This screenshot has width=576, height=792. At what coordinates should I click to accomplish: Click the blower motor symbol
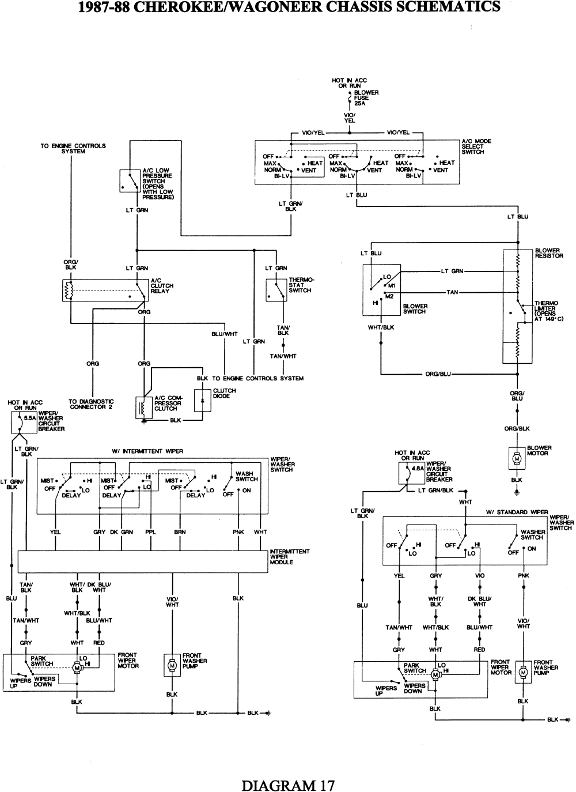click(517, 457)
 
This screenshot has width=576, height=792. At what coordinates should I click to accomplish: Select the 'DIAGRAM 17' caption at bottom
click(288, 785)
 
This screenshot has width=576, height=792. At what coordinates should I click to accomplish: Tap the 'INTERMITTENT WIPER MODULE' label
click(289, 557)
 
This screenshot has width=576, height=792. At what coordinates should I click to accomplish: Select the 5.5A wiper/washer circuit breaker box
click(21, 423)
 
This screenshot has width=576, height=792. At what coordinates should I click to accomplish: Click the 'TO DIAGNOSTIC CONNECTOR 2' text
click(91, 404)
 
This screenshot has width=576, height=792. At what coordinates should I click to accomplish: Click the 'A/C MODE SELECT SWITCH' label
click(476, 146)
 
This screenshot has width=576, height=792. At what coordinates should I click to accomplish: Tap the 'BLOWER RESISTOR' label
click(548, 253)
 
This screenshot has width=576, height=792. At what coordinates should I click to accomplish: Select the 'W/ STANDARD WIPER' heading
click(517, 512)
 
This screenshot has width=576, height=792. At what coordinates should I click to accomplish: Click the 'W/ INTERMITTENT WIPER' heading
click(147, 451)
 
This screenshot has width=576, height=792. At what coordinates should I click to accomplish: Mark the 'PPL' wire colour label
click(150, 532)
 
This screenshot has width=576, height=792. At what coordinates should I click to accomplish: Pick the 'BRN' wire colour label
click(180, 532)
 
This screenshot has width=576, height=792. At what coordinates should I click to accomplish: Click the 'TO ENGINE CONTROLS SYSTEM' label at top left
click(73, 149)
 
